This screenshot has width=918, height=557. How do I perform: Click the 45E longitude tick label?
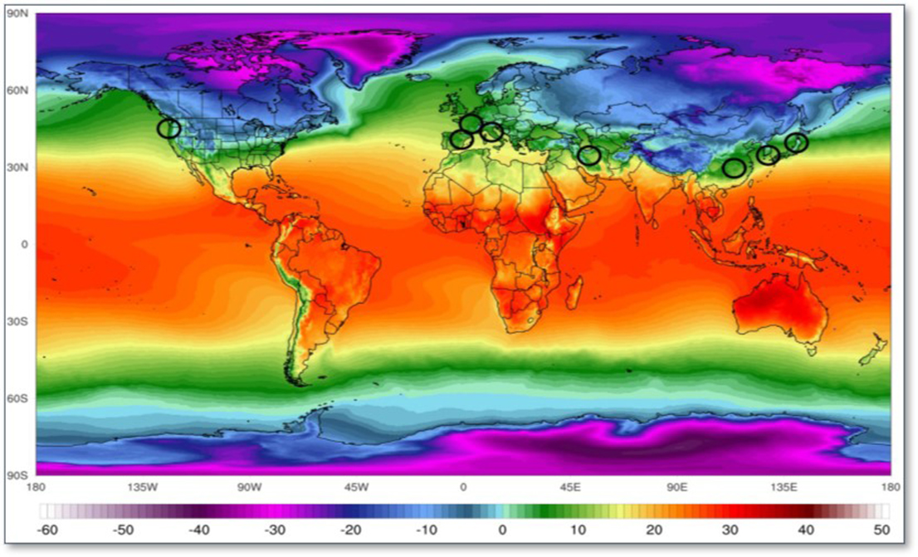tap(569, 487)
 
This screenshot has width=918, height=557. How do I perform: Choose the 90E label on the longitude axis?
tap(676, 487)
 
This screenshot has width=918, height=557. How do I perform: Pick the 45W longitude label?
tap(356, 487)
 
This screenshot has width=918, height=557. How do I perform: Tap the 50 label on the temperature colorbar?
tap(881, 529)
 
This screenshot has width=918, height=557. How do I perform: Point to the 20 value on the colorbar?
tap(653, 529)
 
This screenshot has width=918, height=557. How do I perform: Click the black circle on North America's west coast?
tap(169, 129)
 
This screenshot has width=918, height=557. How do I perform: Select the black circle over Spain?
tap(462, 139)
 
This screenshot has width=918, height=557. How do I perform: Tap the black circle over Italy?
tap(491, 132)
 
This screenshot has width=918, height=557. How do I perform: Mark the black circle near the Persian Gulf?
tap(589, 155)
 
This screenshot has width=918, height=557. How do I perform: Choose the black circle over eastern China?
tap(734, 169)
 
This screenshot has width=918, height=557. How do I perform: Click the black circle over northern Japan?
tap(796, 143)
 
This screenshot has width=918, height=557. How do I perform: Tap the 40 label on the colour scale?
tap(805, 529)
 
